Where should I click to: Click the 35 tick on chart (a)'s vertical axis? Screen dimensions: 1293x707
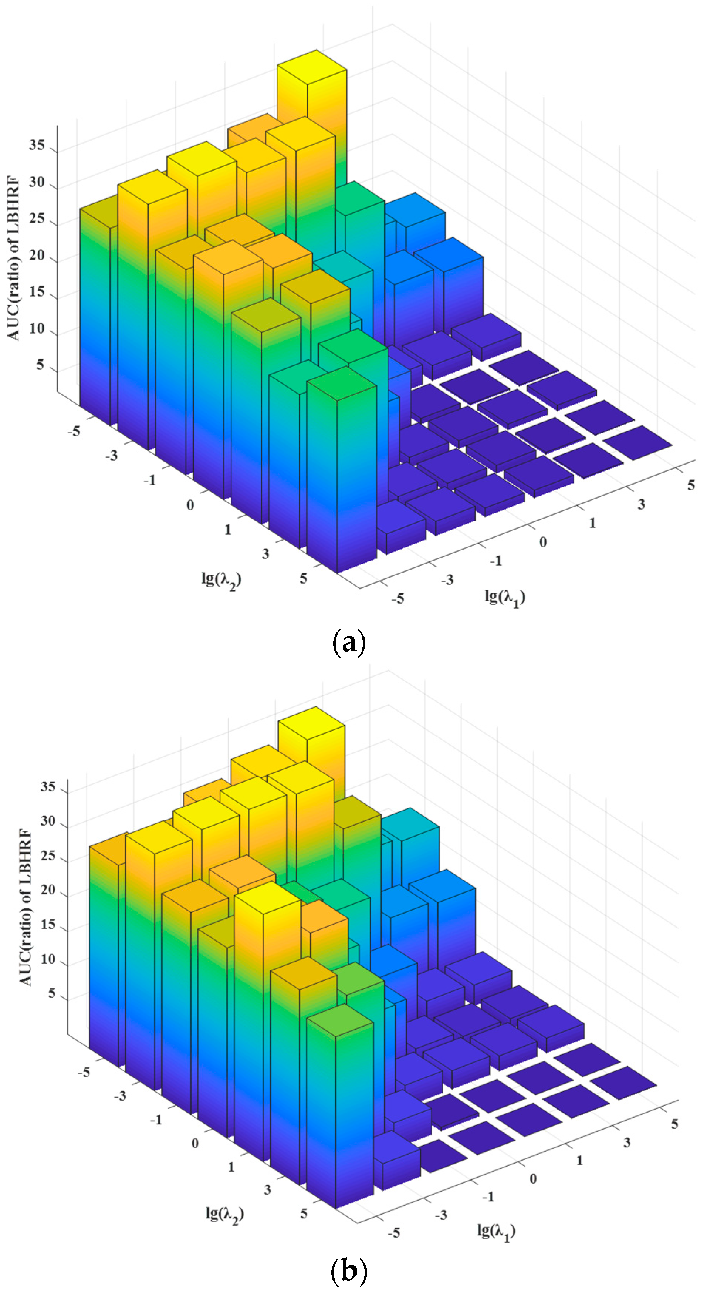click(x=37, y=146)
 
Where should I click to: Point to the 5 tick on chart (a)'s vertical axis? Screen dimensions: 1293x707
click(x=41, y=365)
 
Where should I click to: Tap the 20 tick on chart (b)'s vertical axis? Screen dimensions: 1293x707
click(x=48, y=890)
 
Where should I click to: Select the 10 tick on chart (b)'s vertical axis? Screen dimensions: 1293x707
click(x=48, y=959)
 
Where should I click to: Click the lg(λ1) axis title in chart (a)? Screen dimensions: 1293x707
click(x=505, y=597)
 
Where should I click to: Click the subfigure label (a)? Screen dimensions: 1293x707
click(x=349, y=642)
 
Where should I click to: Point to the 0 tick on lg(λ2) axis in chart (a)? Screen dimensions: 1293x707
click(x=190, y=505)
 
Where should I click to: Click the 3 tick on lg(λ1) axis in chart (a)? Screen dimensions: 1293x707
click(x=641, y=504)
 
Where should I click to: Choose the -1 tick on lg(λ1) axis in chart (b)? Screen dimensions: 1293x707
click(x=488, y=1196)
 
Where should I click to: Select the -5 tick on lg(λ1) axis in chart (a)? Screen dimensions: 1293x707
click(x=398, y=598)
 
